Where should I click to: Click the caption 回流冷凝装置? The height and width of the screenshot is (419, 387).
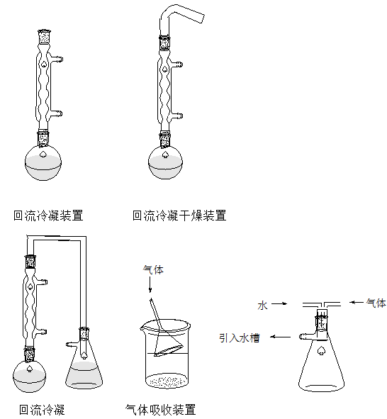tap(48, 216)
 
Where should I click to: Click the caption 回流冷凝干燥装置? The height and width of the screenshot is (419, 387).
tap(179, 216)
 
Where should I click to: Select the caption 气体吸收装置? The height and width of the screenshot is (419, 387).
tap(160, 409)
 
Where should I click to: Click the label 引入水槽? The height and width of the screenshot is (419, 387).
tap(239, 338)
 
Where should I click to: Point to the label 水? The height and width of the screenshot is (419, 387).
tap(262, 306)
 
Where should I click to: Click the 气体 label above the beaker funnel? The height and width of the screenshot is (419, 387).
tap(153, 270)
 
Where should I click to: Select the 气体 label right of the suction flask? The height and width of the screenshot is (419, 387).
tap(376, 303)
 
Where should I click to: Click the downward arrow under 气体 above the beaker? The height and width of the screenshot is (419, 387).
tap(150, 286)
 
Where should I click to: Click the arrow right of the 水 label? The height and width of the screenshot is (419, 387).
tap(279, 305)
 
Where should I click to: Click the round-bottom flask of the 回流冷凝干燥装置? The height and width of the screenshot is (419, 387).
tap(166, 162)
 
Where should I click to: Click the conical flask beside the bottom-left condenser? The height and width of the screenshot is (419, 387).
tap(85, 369)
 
